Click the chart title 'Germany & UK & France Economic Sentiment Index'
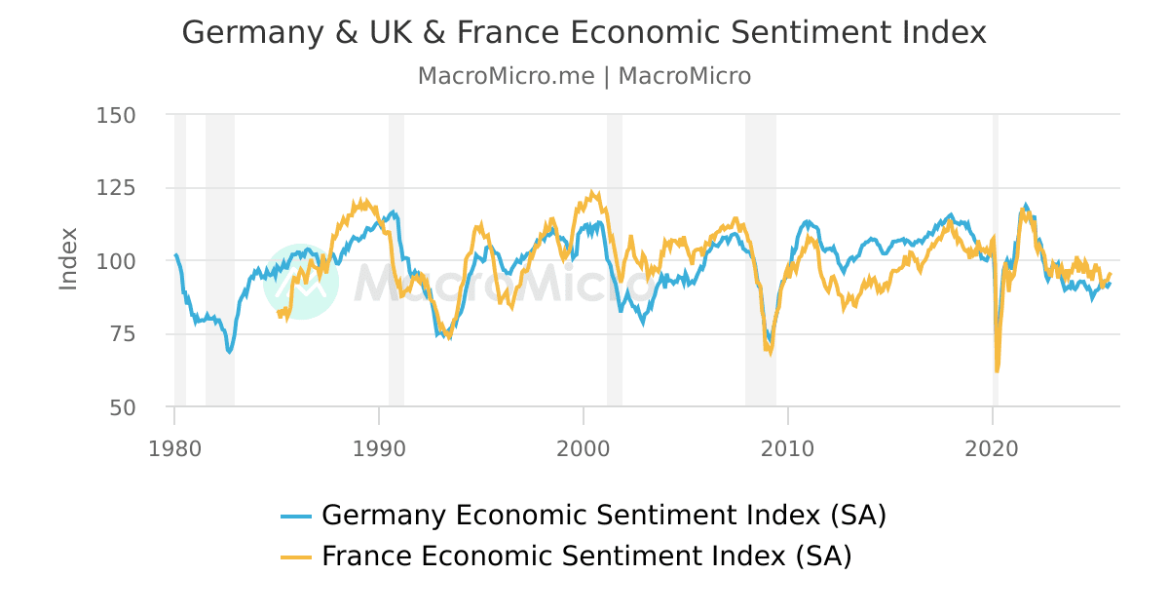(x=584, y=32)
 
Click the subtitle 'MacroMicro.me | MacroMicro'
(x=584, y=76)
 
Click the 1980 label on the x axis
(x=174, y=449)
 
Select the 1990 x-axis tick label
(x=379, y=449)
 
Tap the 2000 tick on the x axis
(x=583, y=449)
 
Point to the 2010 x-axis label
(x=787, y=449)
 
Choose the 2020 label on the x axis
(x=992, y=449)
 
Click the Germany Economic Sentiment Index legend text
(x=603, y=515)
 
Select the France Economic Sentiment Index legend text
(x=586, y=556)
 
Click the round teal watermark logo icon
(x=301, y=282)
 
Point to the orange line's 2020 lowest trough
(x=997, y=371)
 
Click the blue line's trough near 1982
(x=229, y=351)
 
